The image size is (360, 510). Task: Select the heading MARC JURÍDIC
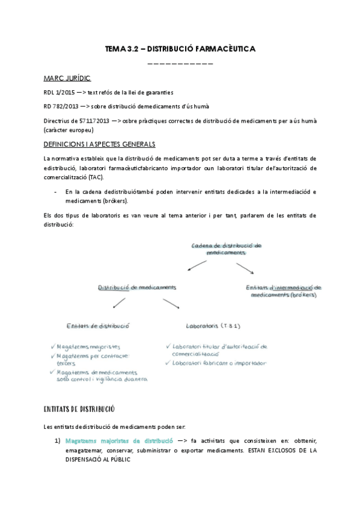coord(68,79)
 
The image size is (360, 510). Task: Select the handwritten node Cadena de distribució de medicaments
coord(227,250)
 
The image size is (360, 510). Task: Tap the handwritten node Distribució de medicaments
coord(137,287)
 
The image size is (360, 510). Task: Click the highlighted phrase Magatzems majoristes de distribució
coord(119,440)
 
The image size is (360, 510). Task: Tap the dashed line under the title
coord(180,63)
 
